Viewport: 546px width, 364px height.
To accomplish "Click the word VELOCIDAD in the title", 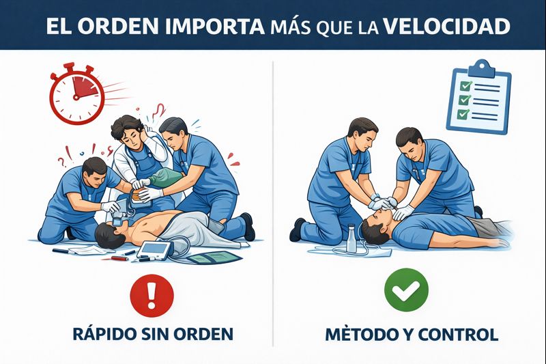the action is [x=447, y=26].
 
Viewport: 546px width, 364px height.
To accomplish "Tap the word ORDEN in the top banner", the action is [x=117, y=26].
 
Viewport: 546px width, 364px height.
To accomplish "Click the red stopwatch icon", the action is [x=77, y=94].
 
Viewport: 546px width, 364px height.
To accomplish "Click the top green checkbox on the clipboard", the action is [x=465, y=85].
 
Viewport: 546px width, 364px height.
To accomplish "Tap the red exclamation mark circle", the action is [x=152, y=296].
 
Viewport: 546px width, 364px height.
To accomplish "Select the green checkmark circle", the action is [x=406, y=290].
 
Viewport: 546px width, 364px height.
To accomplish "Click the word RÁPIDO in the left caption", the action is [x=104, y=333].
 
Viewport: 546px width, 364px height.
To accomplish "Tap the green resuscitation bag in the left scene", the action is [x=165, y=178].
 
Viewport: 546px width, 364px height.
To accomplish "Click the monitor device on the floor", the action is [x=156, y=250].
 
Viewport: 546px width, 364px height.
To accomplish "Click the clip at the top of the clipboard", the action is [x=481, y=68].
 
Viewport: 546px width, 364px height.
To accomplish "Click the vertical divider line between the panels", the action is [x=273, y=204].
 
